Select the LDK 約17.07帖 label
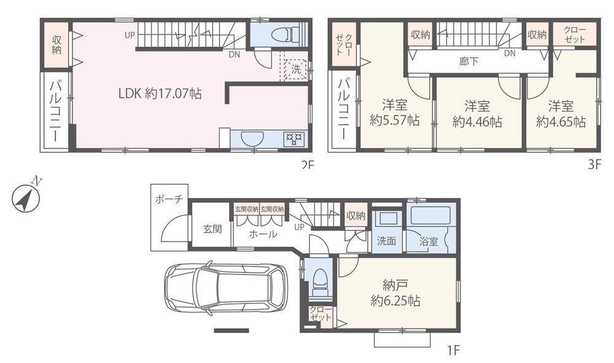[160, 94]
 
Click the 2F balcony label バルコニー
[55, 112]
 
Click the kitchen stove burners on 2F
[293, 139]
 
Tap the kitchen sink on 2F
[251, 139]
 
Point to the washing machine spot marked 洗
[296, 69]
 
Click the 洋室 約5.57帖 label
[394, 113]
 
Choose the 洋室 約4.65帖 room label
[561, 113]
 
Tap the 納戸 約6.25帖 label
[395, 293]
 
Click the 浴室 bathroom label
[429, 241]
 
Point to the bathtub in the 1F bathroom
[430, 216]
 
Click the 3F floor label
[595, 165]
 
